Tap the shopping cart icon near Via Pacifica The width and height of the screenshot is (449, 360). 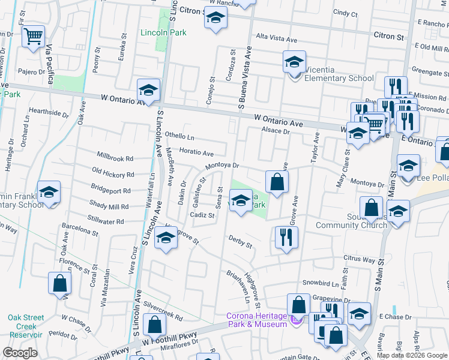(x=34, y=36)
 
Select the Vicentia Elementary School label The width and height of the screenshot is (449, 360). (x=339, y=78)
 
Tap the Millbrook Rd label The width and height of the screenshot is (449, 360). (x=113, y=159)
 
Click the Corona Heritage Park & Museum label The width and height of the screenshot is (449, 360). (x=256, y=320)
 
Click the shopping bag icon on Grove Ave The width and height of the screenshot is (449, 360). (x=276, y=181)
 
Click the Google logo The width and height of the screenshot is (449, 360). (x=20, y=352)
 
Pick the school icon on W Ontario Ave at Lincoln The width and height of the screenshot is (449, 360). (x=148, y=90)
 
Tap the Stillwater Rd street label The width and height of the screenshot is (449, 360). (x=106, y=221)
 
